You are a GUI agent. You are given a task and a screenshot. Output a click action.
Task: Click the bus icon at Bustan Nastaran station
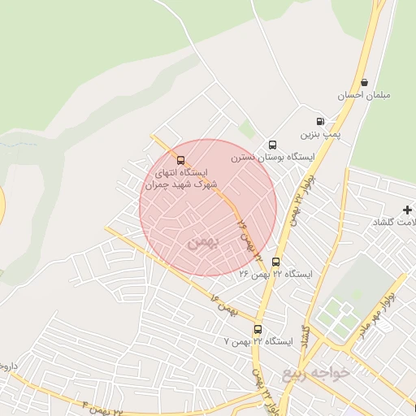point(272,144)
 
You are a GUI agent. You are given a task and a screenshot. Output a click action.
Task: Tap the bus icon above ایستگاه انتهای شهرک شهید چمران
point(180,160)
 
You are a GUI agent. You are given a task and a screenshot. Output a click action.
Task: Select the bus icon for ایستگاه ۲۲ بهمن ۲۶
point(276,262)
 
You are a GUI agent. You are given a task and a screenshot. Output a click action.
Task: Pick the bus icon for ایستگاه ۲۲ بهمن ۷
point(258,329)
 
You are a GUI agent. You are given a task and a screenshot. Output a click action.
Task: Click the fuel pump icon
point(321,119)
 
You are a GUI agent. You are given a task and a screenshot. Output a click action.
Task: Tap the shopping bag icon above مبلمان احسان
point(364,82)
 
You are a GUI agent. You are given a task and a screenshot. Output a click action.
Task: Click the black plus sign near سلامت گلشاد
point(407,210)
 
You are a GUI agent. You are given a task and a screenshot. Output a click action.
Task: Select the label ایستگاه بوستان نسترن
point(259,156)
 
